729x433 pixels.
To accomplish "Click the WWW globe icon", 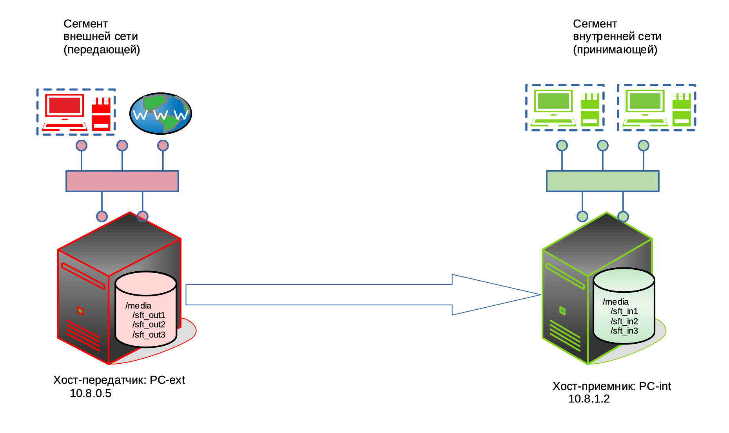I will [161, 114].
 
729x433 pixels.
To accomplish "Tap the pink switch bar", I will [122, 181].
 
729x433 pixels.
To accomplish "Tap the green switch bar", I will [602, 181].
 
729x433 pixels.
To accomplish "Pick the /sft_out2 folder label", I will [149, 325].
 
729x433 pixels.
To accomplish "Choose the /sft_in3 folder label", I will [624, 331].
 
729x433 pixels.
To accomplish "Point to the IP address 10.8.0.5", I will [91, 393].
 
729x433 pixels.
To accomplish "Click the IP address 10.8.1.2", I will [589, 399].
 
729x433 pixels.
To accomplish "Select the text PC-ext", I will [167, 380].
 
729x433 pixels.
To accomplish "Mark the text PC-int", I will [655, 386].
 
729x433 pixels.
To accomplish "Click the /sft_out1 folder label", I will [149, 315].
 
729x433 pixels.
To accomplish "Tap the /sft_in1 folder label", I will [624, 311].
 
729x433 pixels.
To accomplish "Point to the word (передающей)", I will [102, 50].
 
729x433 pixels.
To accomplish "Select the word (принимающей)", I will [615, 50].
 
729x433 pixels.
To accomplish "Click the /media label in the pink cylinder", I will [138, 306].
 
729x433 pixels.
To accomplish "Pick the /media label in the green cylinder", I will [616, 302].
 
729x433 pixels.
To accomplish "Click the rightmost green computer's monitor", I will [645, 101].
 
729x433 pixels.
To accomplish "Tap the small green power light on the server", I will [562, 311].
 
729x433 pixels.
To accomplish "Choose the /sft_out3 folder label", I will [149, 335].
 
